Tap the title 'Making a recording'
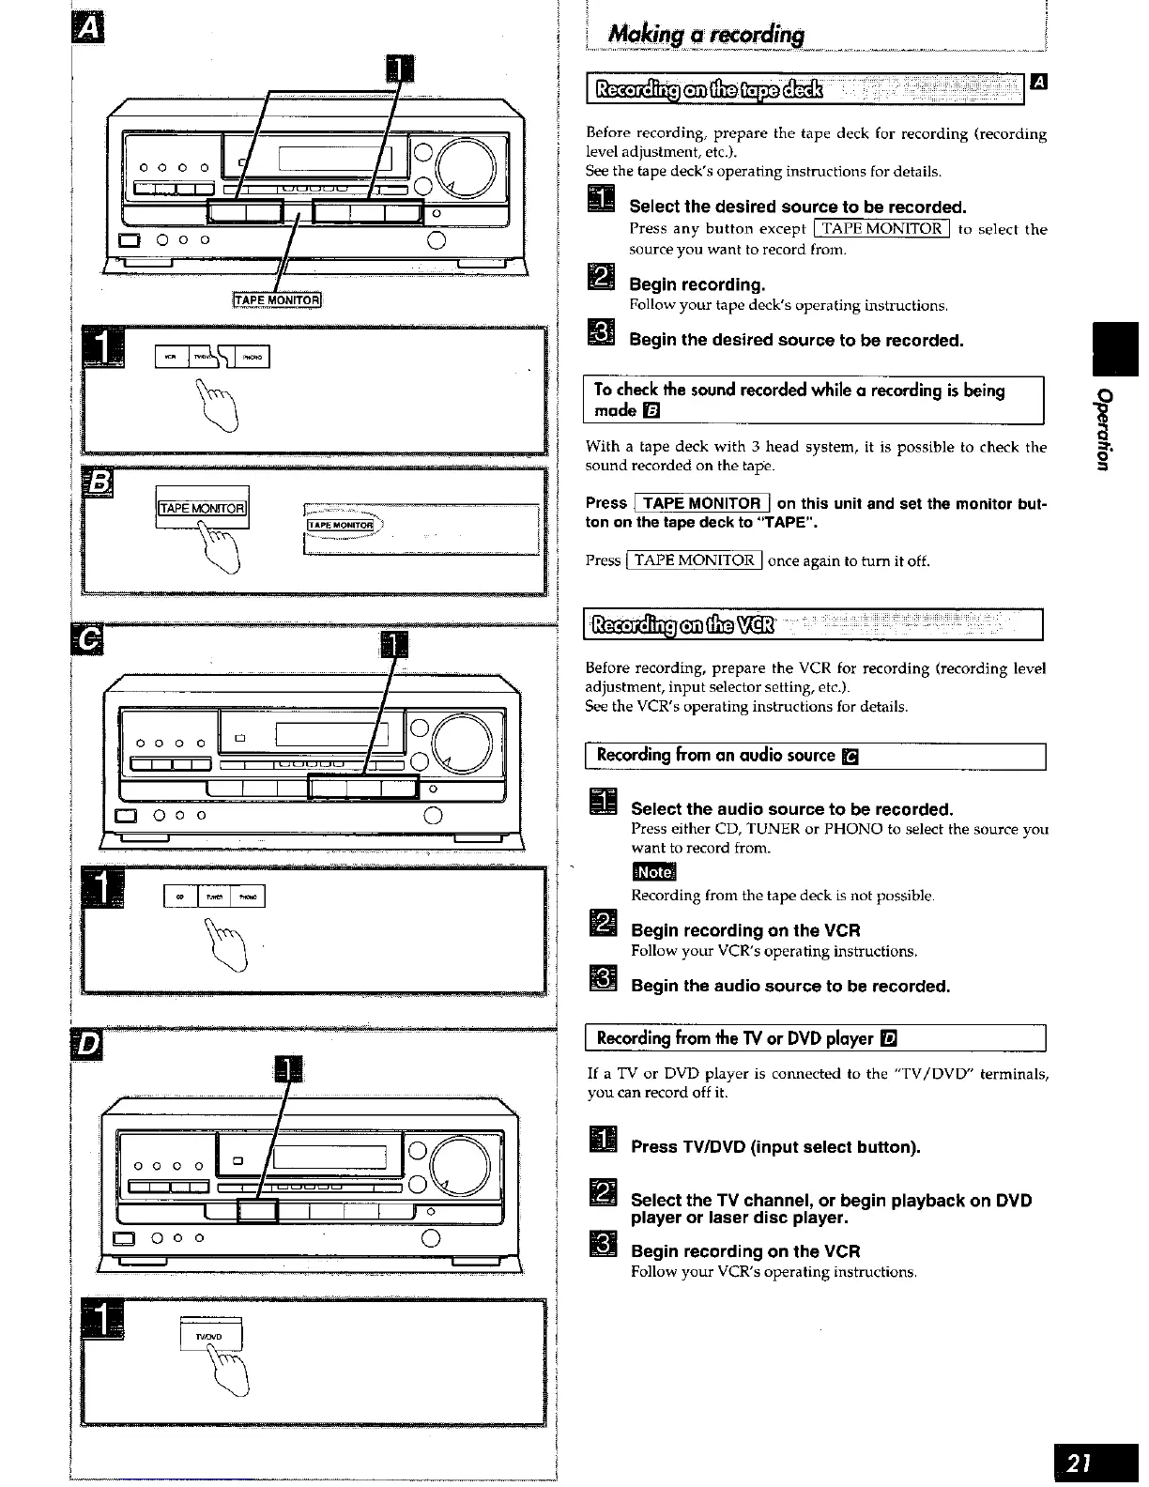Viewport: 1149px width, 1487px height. point(706,35)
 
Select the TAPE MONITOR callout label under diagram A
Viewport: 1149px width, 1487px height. point(277,300)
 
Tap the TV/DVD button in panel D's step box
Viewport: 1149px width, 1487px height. point(211,1335)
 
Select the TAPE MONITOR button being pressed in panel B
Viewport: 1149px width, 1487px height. point(203,509)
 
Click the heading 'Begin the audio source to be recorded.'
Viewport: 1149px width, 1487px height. point(790,986)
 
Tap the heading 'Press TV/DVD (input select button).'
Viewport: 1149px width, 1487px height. point(775,1146)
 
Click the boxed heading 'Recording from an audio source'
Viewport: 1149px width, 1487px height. point(715,756)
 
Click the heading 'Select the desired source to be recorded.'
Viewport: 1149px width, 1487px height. point(797,207)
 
